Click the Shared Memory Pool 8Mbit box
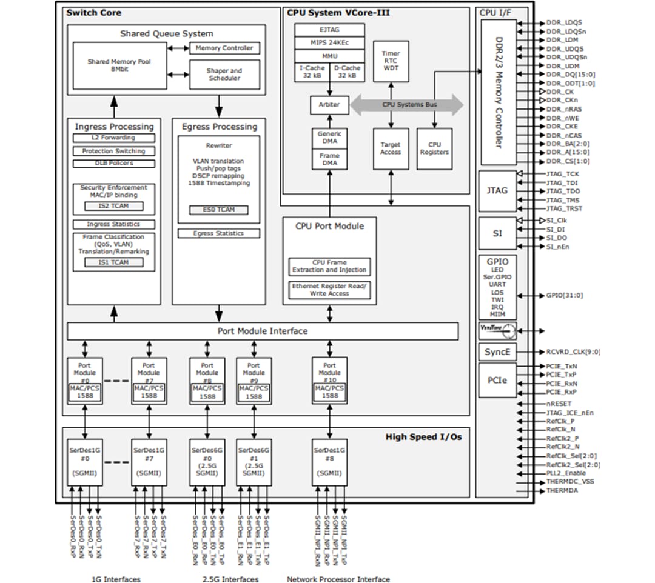(x=119, y=65)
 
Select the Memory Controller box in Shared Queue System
(x=224, y=48)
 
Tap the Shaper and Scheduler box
(x=224, y=75)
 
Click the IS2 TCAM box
(x=113, y=207)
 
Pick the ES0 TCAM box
(x=219, y=210)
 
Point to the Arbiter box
(x=329, y=105)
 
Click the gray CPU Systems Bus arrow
(x=408, y=105)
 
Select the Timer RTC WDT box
(x=391, y=61)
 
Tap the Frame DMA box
(x=329, y=159)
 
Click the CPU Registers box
(x=434, y=148)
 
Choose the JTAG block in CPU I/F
(x=497, y=190)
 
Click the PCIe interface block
(x=497, y=380)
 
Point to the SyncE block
(x=497, y=352)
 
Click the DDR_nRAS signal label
(x=563, y=109)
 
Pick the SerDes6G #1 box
(x=254, y=462)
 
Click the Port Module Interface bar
(x=262, y=331)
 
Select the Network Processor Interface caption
(x=338, y=579)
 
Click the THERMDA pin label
(x=562, y=491)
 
